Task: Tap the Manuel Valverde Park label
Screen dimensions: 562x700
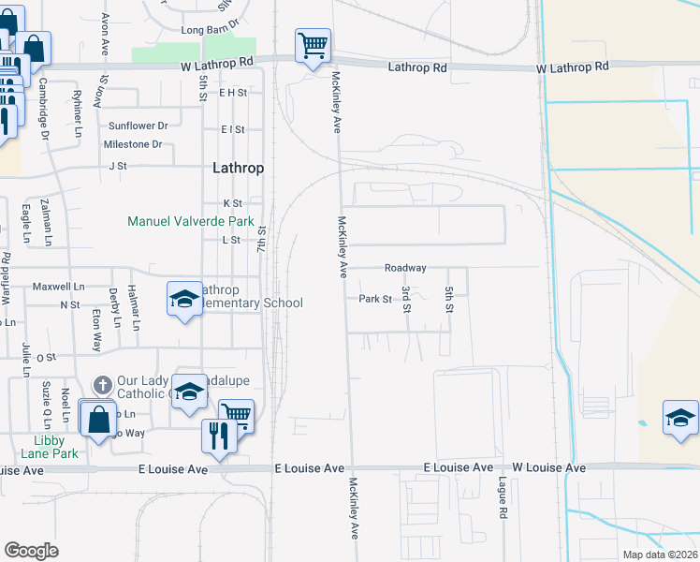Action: [x=191, y=222]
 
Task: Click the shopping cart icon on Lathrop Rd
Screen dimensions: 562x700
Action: [x=313, y=43]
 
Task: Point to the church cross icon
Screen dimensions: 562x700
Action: [x=103, y=384]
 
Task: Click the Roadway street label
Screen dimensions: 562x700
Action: [x=405, y=268]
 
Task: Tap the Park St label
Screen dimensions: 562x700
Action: [x=374, y=299]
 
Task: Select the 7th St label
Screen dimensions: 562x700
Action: [x=263, y=243]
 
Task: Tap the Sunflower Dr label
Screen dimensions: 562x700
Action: [x=138, y=126]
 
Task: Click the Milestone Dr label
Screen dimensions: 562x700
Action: [x=132, y=144]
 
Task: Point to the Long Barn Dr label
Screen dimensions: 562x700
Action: [x=211, y=30]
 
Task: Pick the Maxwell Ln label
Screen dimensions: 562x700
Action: [x=58, y=287]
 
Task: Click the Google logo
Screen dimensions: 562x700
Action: [x=31, y=550]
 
